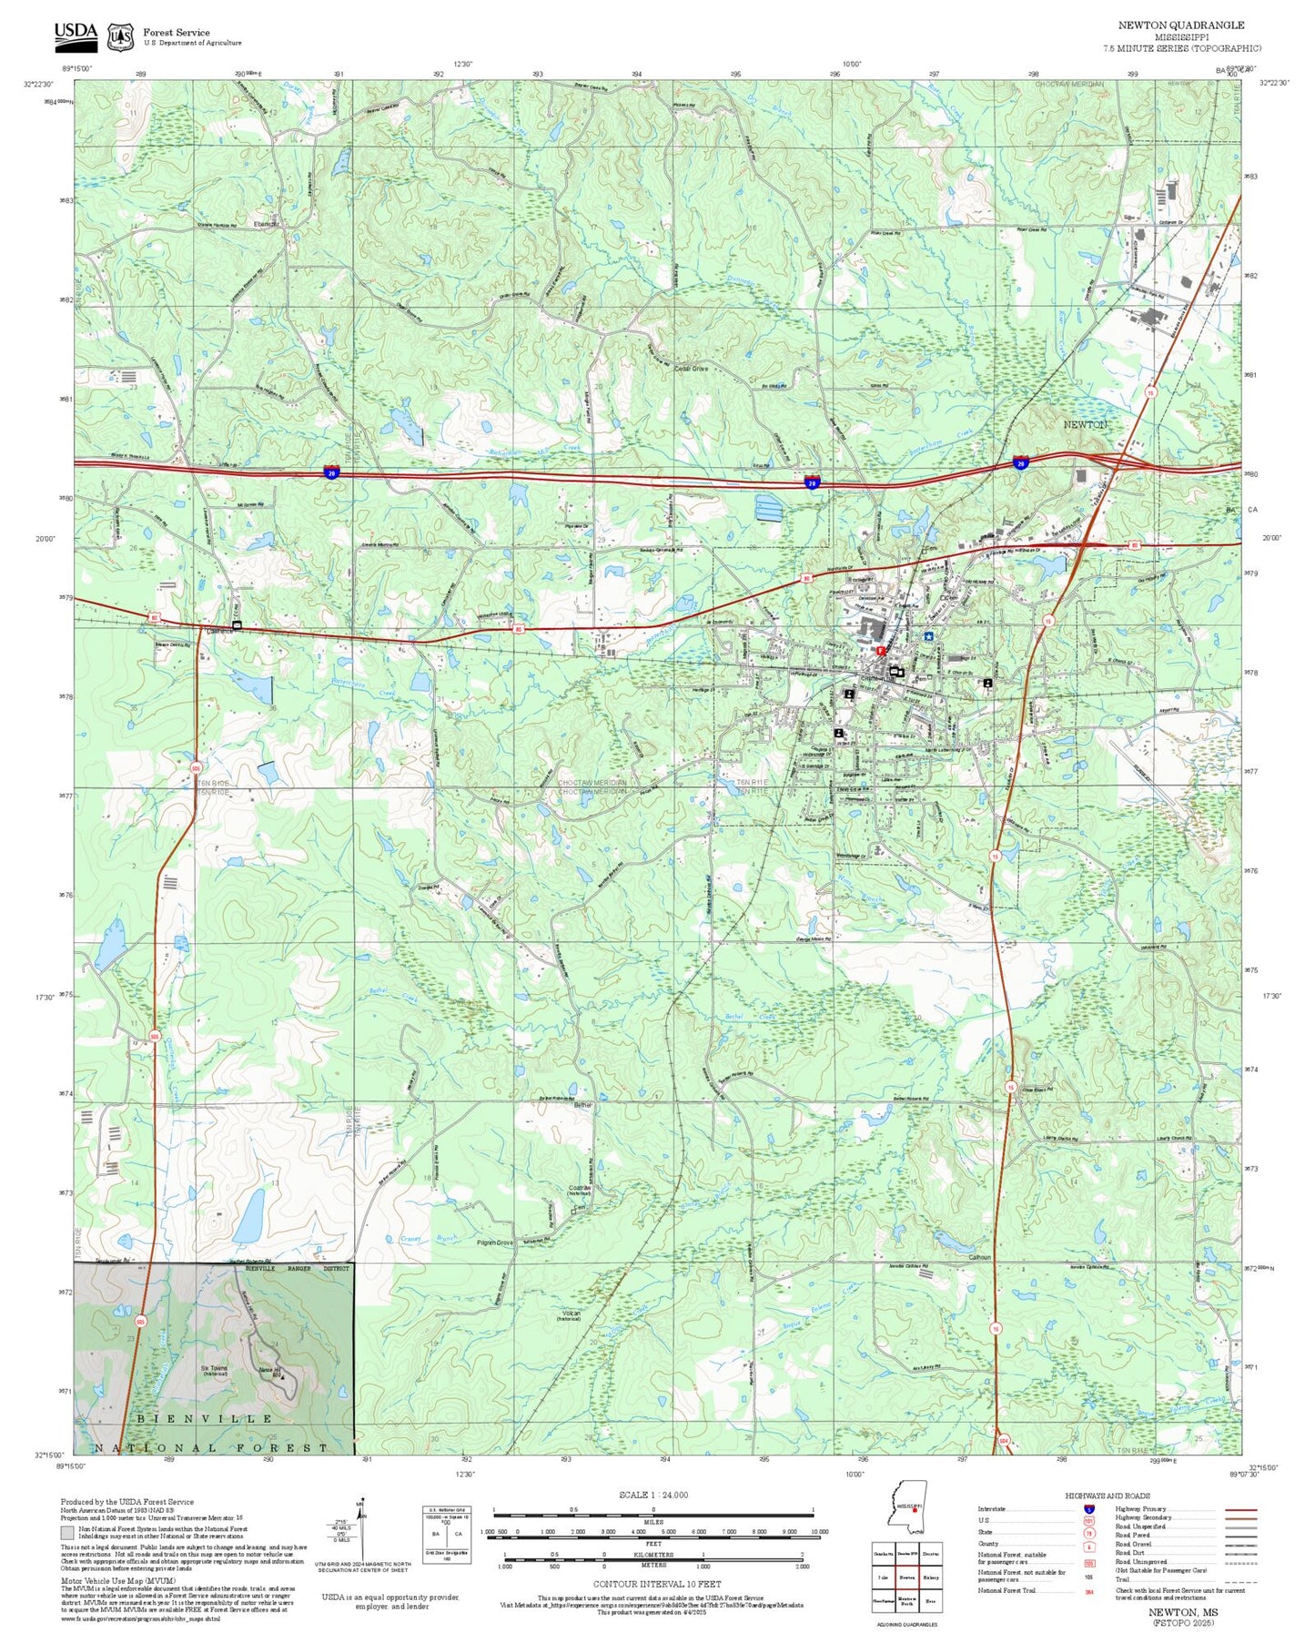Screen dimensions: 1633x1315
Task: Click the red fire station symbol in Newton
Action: click(880, 651)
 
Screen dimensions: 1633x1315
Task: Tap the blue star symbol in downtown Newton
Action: click(928, 637)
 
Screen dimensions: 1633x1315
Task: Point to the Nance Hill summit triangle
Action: click(282, 1377)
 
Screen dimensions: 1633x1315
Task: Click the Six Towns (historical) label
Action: click(215, 1370)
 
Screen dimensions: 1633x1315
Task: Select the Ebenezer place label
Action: click(267, 224)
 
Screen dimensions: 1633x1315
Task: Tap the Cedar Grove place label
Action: click(691, 369)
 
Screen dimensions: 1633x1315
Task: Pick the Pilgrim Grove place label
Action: click(496, 1242)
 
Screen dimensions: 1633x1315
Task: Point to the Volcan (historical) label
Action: click(570, 1315)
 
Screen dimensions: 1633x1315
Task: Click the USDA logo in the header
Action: click(76, 34)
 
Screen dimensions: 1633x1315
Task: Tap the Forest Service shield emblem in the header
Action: click(120, 37)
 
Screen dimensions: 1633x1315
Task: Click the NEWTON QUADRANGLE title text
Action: click(1181, 25)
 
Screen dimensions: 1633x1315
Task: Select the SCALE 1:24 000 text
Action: click(652, 1495)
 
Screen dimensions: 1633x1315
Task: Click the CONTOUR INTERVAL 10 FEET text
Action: click(656, 1584)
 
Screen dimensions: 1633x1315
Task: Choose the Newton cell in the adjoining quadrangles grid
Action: click(906, 1577)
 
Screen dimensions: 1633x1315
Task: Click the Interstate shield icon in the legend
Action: click(1088, 1509)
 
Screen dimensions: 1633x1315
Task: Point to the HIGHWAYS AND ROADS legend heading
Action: click(1108, 1496)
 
